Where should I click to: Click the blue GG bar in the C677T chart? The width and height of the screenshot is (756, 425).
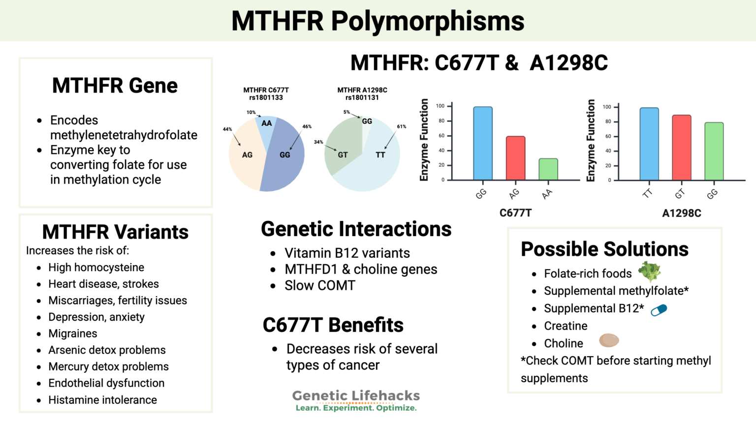click(x=482, y=143)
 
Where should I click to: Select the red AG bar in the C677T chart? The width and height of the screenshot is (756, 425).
click(x=515, y=158)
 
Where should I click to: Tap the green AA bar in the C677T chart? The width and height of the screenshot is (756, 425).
click(x=548, y=169)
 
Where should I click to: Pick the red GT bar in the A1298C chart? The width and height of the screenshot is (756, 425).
click(x=681, y=148)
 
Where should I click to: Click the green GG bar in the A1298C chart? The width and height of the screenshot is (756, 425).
click(x=714, y=152)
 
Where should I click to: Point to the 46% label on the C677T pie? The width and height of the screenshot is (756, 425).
click(x=307, y=126)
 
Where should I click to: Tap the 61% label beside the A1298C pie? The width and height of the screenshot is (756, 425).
click(x=402, y=126)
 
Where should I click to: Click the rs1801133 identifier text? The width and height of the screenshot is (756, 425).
click(x=266, y=97)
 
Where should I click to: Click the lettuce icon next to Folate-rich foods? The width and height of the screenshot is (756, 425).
click(x=649, y=272)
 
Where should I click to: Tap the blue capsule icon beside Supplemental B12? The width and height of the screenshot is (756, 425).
click(x=659, y=310)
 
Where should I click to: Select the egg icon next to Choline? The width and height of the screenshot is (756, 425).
click(x=609, y=340)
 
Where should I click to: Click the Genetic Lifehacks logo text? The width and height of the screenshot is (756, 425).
click(x=356, y=396)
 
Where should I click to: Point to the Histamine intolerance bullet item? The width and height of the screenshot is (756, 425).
click(x=102, y=400)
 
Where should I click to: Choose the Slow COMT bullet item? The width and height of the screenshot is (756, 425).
click(x=319, y=285)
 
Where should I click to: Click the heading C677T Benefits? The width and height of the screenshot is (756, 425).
click(x=333, y=325)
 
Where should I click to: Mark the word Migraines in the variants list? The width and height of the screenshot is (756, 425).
click(x=73, y=334)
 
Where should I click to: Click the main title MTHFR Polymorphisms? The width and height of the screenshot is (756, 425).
click(x=378, y=21)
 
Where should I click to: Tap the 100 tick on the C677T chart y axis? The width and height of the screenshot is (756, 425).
click(x=440, y=106)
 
